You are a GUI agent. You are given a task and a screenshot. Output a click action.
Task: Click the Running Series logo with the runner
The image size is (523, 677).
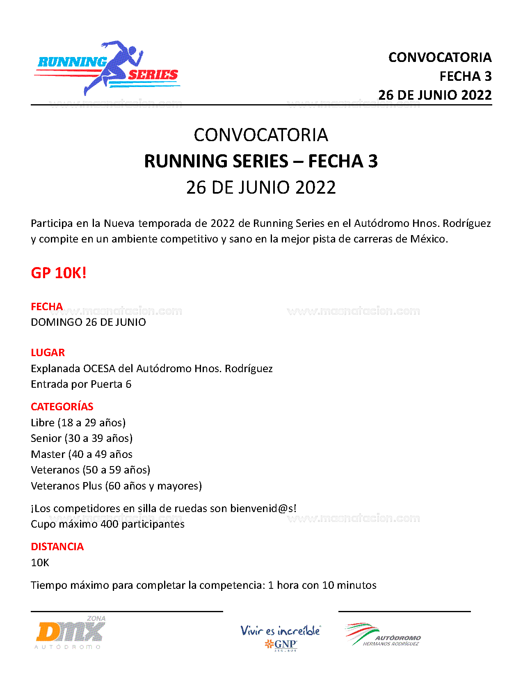point(107,68)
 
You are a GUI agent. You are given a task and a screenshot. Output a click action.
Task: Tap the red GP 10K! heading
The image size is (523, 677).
point(59,273)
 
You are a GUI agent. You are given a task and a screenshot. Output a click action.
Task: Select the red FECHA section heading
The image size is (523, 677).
point(47,306)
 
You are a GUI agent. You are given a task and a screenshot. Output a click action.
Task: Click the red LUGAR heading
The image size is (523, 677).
point(48,352)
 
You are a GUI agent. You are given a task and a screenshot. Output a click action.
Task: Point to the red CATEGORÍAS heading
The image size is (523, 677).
point(62,407)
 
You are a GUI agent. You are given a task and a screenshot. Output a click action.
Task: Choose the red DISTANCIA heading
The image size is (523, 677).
point(57,547)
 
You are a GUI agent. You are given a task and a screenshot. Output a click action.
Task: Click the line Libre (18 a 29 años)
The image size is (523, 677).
point(78,423)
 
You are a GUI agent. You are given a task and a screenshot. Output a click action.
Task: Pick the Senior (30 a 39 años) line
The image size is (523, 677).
point(82,438)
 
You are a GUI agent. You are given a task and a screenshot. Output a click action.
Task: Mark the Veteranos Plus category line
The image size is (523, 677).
point(116,486)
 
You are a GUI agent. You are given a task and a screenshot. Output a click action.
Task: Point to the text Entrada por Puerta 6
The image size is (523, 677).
point(81,384)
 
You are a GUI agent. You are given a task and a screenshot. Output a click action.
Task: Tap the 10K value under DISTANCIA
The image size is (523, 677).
point(40,563)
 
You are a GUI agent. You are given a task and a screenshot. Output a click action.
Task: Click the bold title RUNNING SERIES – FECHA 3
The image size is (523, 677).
point(261,161)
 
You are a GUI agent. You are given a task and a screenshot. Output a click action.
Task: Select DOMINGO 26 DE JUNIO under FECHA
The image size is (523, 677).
point(88,322)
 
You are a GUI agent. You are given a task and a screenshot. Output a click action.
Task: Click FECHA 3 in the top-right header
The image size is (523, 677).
point(465,76)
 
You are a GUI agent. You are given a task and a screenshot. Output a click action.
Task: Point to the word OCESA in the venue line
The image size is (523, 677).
point(99,368)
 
